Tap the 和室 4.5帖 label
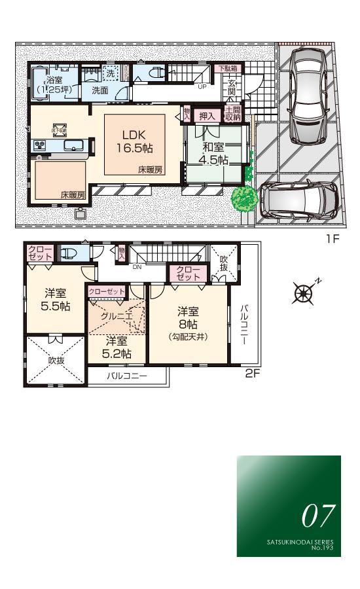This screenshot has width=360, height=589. (214, 153)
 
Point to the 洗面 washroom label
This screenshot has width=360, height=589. (99, 90)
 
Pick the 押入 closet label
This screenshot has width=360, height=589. (207, 115)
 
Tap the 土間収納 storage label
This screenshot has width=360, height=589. (232, 114)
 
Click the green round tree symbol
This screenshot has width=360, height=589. (244, 198)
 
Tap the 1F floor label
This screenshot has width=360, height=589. (333, 240)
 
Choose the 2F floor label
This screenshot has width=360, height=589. (253, 374)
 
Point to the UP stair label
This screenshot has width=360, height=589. (202, 85)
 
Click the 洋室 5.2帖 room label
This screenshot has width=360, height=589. (118, 347)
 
